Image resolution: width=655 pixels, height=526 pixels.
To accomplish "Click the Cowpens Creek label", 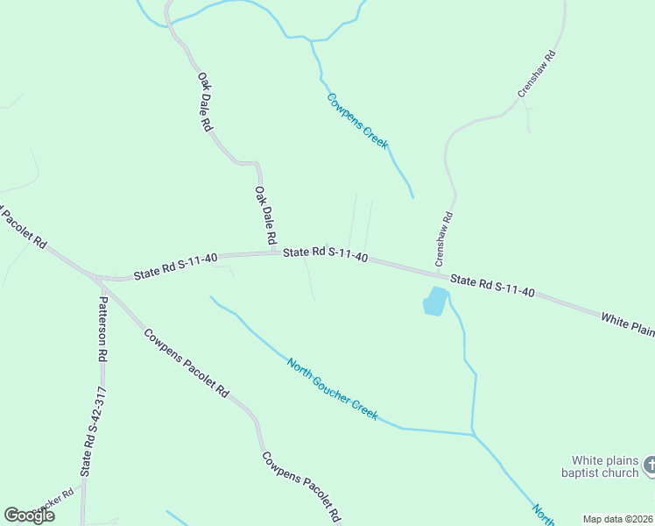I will coord(357,120).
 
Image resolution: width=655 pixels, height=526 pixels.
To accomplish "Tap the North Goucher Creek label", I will coord(333,387).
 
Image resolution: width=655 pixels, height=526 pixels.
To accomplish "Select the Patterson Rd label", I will coord(102,329).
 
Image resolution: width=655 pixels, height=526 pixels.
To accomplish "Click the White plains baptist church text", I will coord(605,466).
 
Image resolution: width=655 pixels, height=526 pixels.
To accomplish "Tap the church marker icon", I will coord(649,465).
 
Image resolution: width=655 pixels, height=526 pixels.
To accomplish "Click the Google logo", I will coord(29,515).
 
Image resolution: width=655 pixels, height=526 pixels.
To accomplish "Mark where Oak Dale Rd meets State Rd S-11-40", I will coord(273,253).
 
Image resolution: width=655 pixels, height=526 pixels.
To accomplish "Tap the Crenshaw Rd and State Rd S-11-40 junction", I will coord(438,273).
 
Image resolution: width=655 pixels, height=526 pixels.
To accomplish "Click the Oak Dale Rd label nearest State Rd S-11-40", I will coord(266,216).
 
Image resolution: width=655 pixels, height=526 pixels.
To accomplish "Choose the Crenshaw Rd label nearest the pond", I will coord(444,239).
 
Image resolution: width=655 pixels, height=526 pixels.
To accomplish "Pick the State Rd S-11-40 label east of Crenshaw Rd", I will coord(492,286).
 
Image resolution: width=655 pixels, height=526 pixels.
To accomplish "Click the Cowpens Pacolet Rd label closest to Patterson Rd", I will coord(187,363).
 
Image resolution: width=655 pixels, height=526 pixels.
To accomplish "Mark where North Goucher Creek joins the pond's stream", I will coord(473,433).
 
